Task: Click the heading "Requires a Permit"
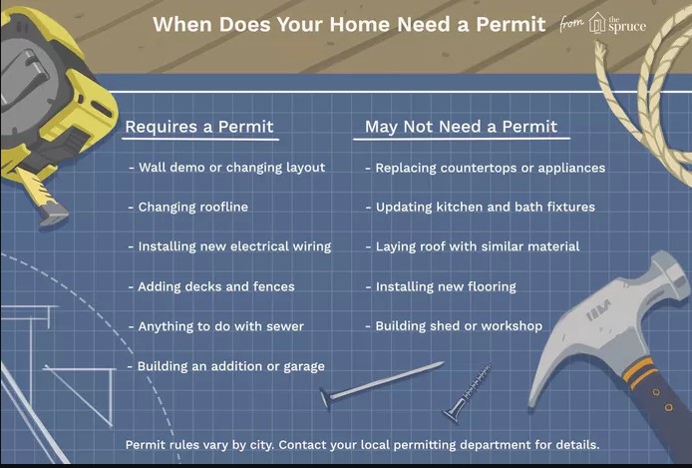coord(198,127)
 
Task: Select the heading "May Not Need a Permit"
coord(461,127)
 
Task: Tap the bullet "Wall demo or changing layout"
coord(231,167)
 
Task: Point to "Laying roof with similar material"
coord(477,245)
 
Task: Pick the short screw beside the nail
coord(470,392)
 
